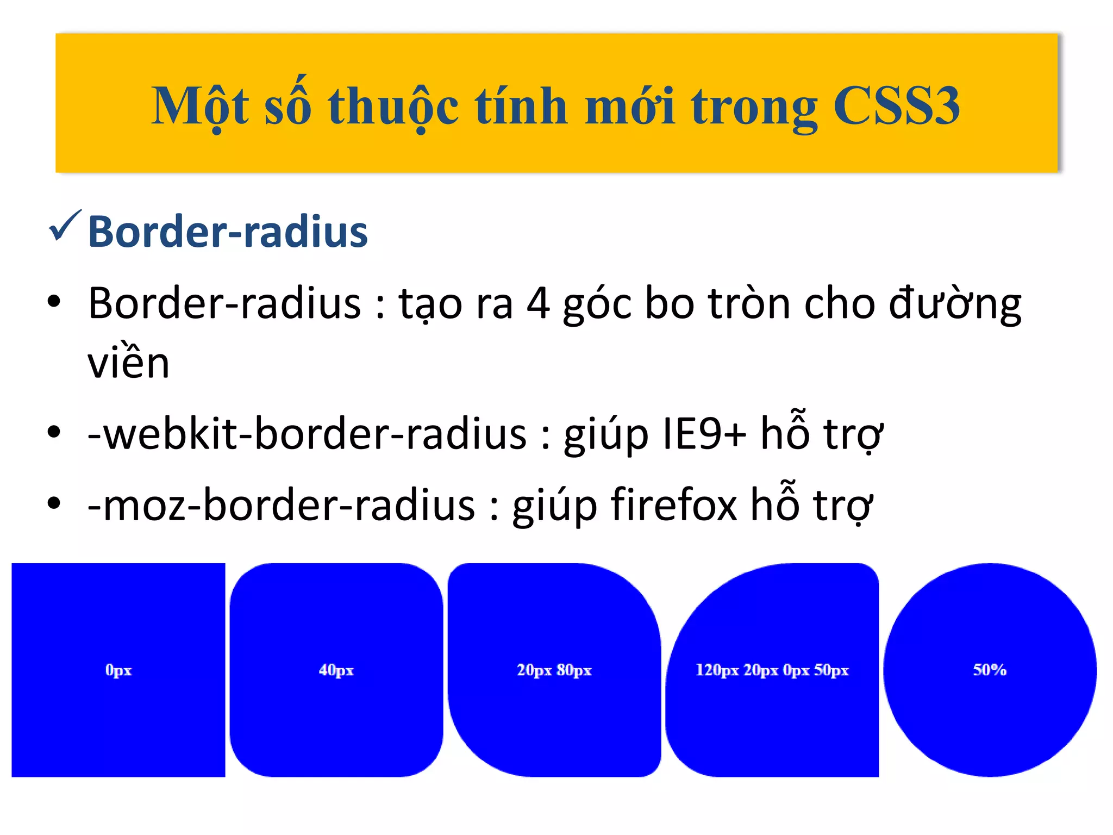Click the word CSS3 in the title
(x=896, y=107)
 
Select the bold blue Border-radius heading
(x=228, y=232)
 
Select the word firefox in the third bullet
(x=674, y=504)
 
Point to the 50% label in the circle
(x=990, y=670)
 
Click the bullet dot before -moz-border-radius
(x=54, y=503)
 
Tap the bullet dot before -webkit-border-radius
(x=54, y=432)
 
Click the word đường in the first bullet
(x=955, y=304)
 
